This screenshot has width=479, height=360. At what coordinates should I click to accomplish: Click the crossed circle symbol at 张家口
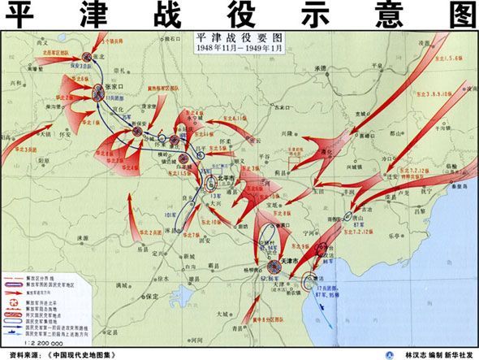pos(99,90)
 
